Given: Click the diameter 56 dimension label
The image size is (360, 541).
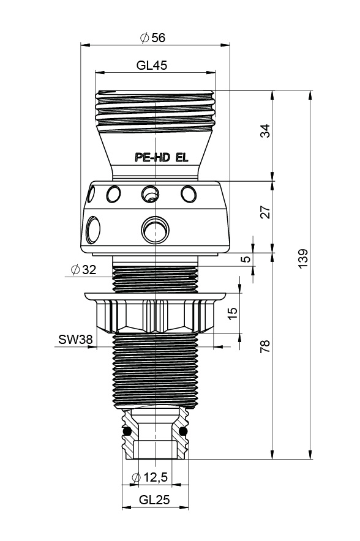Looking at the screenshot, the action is pos(152,37).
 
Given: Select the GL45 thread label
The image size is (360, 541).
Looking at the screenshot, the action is pos(151,65).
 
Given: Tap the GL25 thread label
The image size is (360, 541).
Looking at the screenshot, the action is pos(154,499).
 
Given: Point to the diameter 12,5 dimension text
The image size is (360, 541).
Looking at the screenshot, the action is pos(150,477).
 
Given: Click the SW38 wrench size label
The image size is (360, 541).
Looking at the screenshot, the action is pos(75,340).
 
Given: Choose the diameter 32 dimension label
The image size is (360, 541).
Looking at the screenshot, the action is pos(83,269).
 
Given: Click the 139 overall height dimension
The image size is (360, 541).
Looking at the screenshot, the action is pos(302,258).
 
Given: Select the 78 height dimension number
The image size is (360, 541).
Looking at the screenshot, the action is pos(265,346).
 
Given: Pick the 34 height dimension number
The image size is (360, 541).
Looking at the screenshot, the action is pos(265,131).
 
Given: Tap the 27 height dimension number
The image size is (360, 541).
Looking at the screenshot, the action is pos(265,212).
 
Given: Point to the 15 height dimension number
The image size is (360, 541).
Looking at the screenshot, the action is pos(233,313).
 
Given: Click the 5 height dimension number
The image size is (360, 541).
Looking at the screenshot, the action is pos(246,259).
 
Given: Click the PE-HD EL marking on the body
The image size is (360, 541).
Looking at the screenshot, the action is pos(162,158).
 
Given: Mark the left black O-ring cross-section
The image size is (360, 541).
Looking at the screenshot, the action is pos(127,431).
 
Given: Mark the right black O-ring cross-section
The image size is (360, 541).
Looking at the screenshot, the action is pos(183,431).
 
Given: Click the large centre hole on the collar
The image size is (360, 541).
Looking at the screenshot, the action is pos(155,229).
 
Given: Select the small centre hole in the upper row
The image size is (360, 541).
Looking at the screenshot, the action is pos(150,194).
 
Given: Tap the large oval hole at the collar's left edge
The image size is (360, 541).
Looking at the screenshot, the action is pos(93,229).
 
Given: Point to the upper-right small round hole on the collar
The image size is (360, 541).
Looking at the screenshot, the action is pos(189,194).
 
